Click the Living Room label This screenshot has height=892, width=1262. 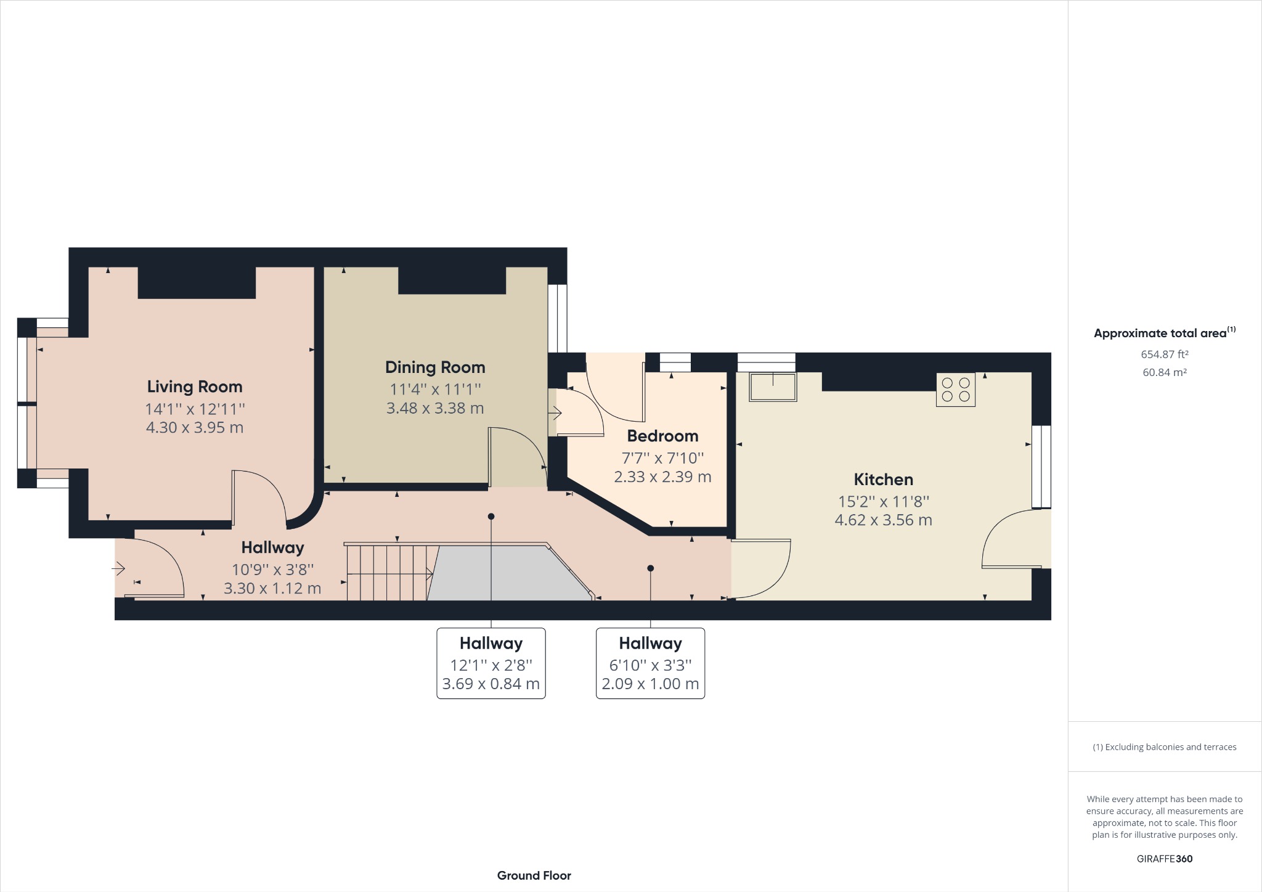[195, 387]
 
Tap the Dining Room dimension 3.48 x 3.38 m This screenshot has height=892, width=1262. [435, 408]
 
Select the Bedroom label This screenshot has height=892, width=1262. [662, 436]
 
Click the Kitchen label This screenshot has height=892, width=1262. [883, 479]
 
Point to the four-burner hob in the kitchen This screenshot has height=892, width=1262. [955, 390]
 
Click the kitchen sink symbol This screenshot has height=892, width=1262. [773, 387]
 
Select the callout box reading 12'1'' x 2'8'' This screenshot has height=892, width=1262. [491, 663]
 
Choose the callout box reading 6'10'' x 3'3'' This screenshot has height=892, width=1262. [650, 663]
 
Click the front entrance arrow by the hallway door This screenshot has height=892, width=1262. [119, 568]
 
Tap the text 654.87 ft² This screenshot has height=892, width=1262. [1164, 354]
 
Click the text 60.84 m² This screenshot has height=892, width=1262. [1164, 372]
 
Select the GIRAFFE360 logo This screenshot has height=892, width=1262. [1164, 859]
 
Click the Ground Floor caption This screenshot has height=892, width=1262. [534, 875]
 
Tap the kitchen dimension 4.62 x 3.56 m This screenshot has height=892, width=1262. [883, 520]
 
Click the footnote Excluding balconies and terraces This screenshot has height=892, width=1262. [1164, 747]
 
